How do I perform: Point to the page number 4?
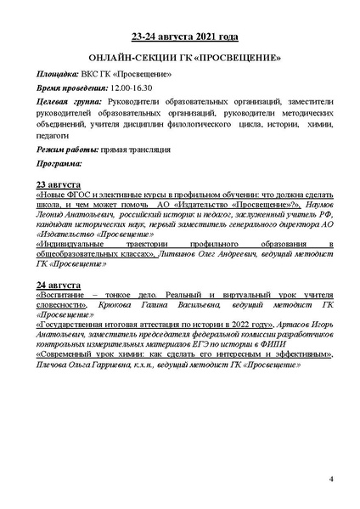click(x=330, y=481)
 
